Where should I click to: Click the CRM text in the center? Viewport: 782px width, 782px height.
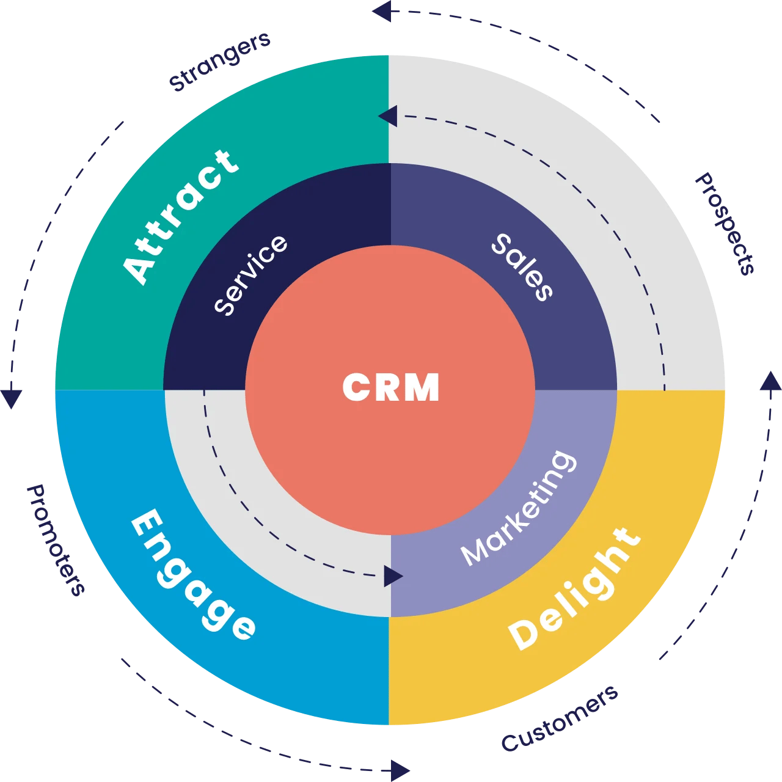(x=391, y=387)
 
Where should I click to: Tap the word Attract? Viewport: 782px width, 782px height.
(x=180, y=216)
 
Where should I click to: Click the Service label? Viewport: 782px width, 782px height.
(x=250, y=274)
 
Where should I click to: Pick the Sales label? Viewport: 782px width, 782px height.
(x=523, y=267)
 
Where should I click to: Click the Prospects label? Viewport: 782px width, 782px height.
(x=726, y=224)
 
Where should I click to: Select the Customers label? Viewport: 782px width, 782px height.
(x=560, y=719)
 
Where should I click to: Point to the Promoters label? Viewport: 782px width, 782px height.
(x=56, y=540)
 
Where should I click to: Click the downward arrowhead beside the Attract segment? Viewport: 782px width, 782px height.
(x=12, y=398)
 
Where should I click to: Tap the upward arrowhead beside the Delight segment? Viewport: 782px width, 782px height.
(x=770, y=381)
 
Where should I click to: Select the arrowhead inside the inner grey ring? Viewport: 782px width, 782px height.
(x=393, y=576)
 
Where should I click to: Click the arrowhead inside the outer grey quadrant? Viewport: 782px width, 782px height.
(x=388, y=116)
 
